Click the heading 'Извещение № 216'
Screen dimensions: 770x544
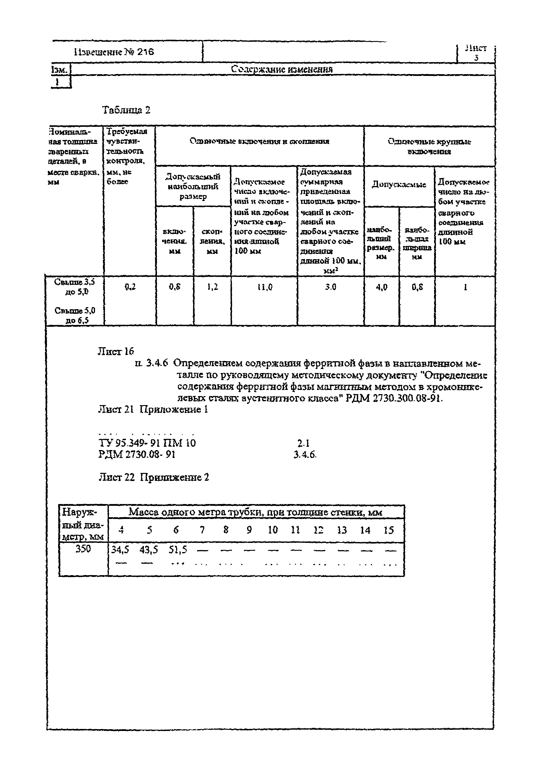click(114, 52)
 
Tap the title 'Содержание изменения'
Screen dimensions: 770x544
click(282, 69)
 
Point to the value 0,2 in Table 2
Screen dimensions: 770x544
click(130, 287)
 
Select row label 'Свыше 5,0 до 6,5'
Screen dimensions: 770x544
click(75, 315)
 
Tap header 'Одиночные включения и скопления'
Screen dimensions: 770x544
click(259, 141)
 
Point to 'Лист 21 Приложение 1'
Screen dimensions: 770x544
click(153, 409)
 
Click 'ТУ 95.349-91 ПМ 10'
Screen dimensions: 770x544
click(147, 443)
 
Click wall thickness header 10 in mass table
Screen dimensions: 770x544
click(273, 530)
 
